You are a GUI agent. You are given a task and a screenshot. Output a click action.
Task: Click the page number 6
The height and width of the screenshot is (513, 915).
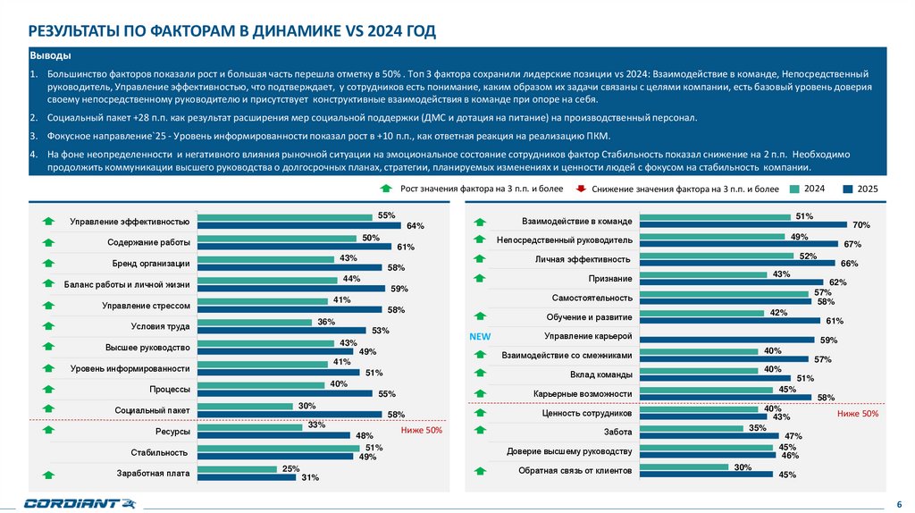[898, 503]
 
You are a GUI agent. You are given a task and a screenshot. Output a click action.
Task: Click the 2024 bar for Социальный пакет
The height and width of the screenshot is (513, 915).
[245, 407]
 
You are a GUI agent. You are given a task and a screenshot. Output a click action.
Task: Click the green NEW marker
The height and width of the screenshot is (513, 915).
[481, 337]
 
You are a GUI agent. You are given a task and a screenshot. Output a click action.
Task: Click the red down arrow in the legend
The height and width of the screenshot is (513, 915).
[580, 189]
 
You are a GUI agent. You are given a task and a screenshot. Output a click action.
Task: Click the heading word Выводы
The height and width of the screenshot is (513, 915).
[46, 55]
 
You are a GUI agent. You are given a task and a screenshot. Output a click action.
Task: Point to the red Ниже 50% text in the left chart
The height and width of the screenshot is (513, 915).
[422, 430]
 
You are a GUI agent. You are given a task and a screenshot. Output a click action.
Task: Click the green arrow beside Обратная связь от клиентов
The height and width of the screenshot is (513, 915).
[480, 470]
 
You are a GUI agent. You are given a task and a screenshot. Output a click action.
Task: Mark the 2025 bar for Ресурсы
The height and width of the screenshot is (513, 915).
[273, 435]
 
